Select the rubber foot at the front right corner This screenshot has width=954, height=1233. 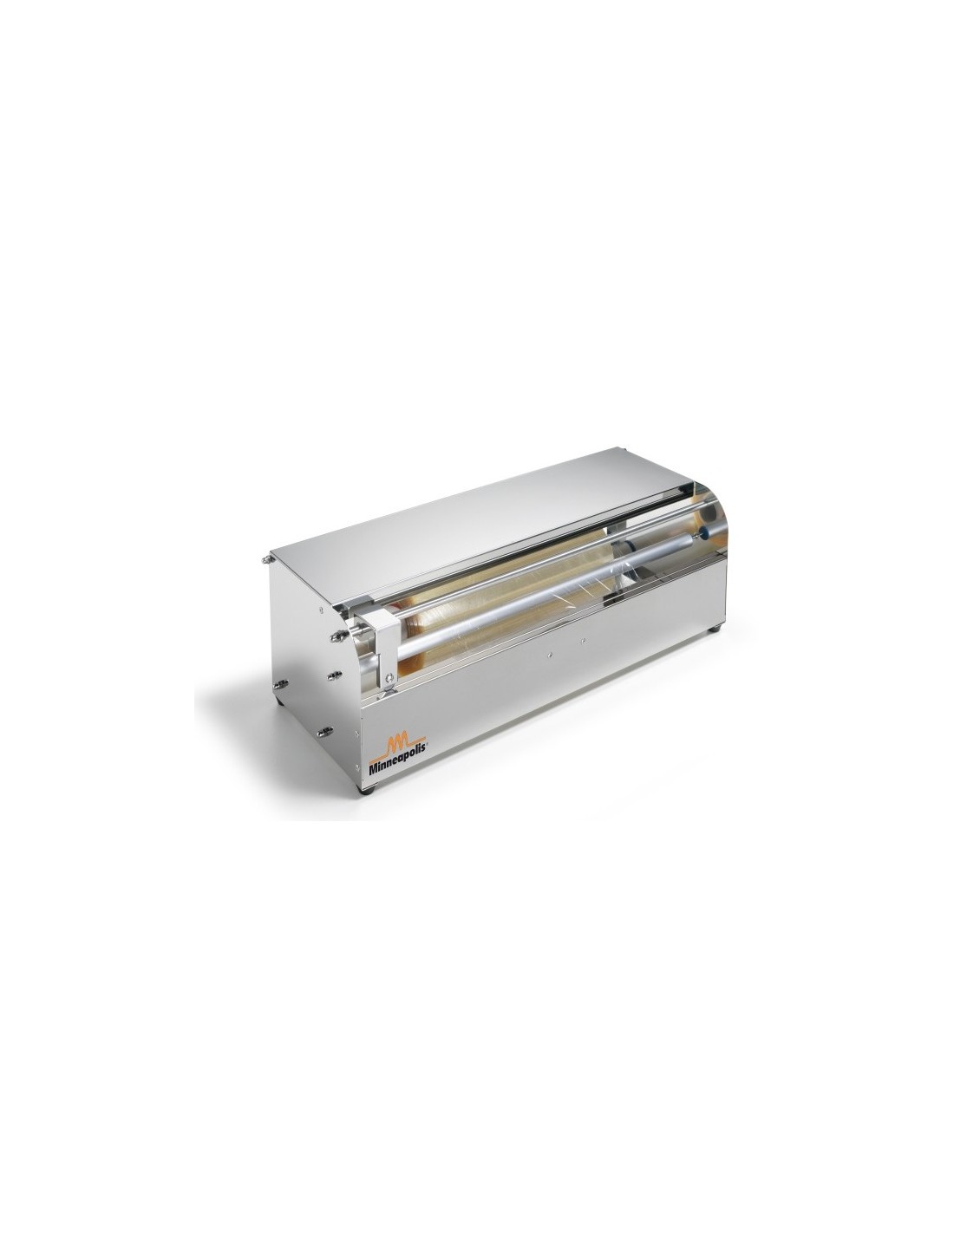716,630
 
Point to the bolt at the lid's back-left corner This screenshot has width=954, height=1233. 266,559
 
